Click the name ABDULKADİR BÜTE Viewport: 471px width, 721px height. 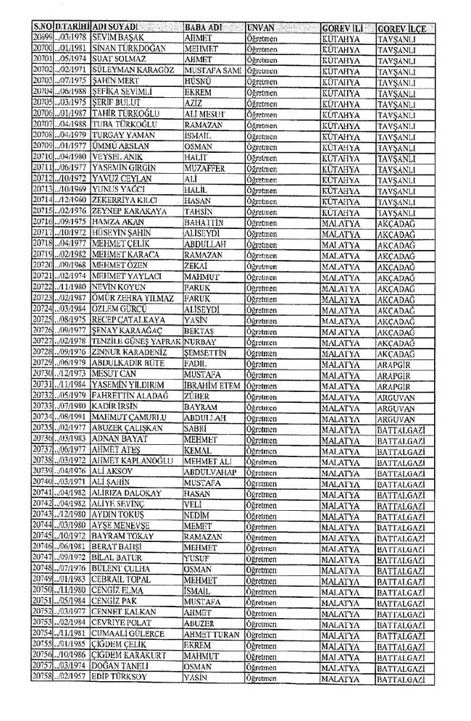click(x=123, y=362)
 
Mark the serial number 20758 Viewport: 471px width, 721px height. click(x=43, y=676)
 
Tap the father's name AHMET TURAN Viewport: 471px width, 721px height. click(x=212, y=633)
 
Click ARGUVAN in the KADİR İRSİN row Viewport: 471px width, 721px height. click(x=396, y=407)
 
